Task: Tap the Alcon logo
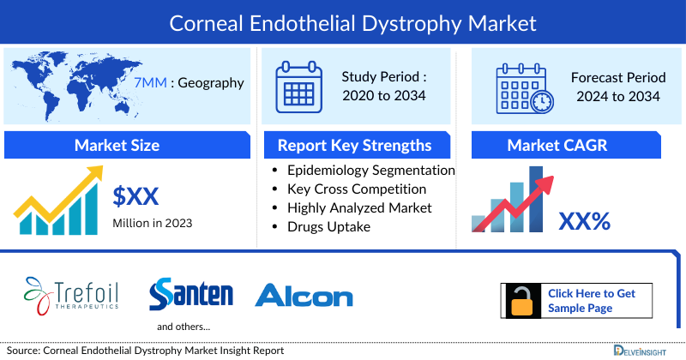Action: tap(304, 297)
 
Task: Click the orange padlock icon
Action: tap(521, 301)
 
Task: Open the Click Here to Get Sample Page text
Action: tap(592, 301)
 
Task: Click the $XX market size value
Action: tap(135, 197)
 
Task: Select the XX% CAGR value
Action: tap(584, 221)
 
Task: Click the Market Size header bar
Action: tap(117, 145)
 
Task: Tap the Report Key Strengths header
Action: tap(354, 145)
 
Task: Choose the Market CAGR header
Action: tap(569, 145)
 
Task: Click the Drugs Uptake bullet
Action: tap(328, 226)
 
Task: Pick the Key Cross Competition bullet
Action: tap(357, 189)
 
